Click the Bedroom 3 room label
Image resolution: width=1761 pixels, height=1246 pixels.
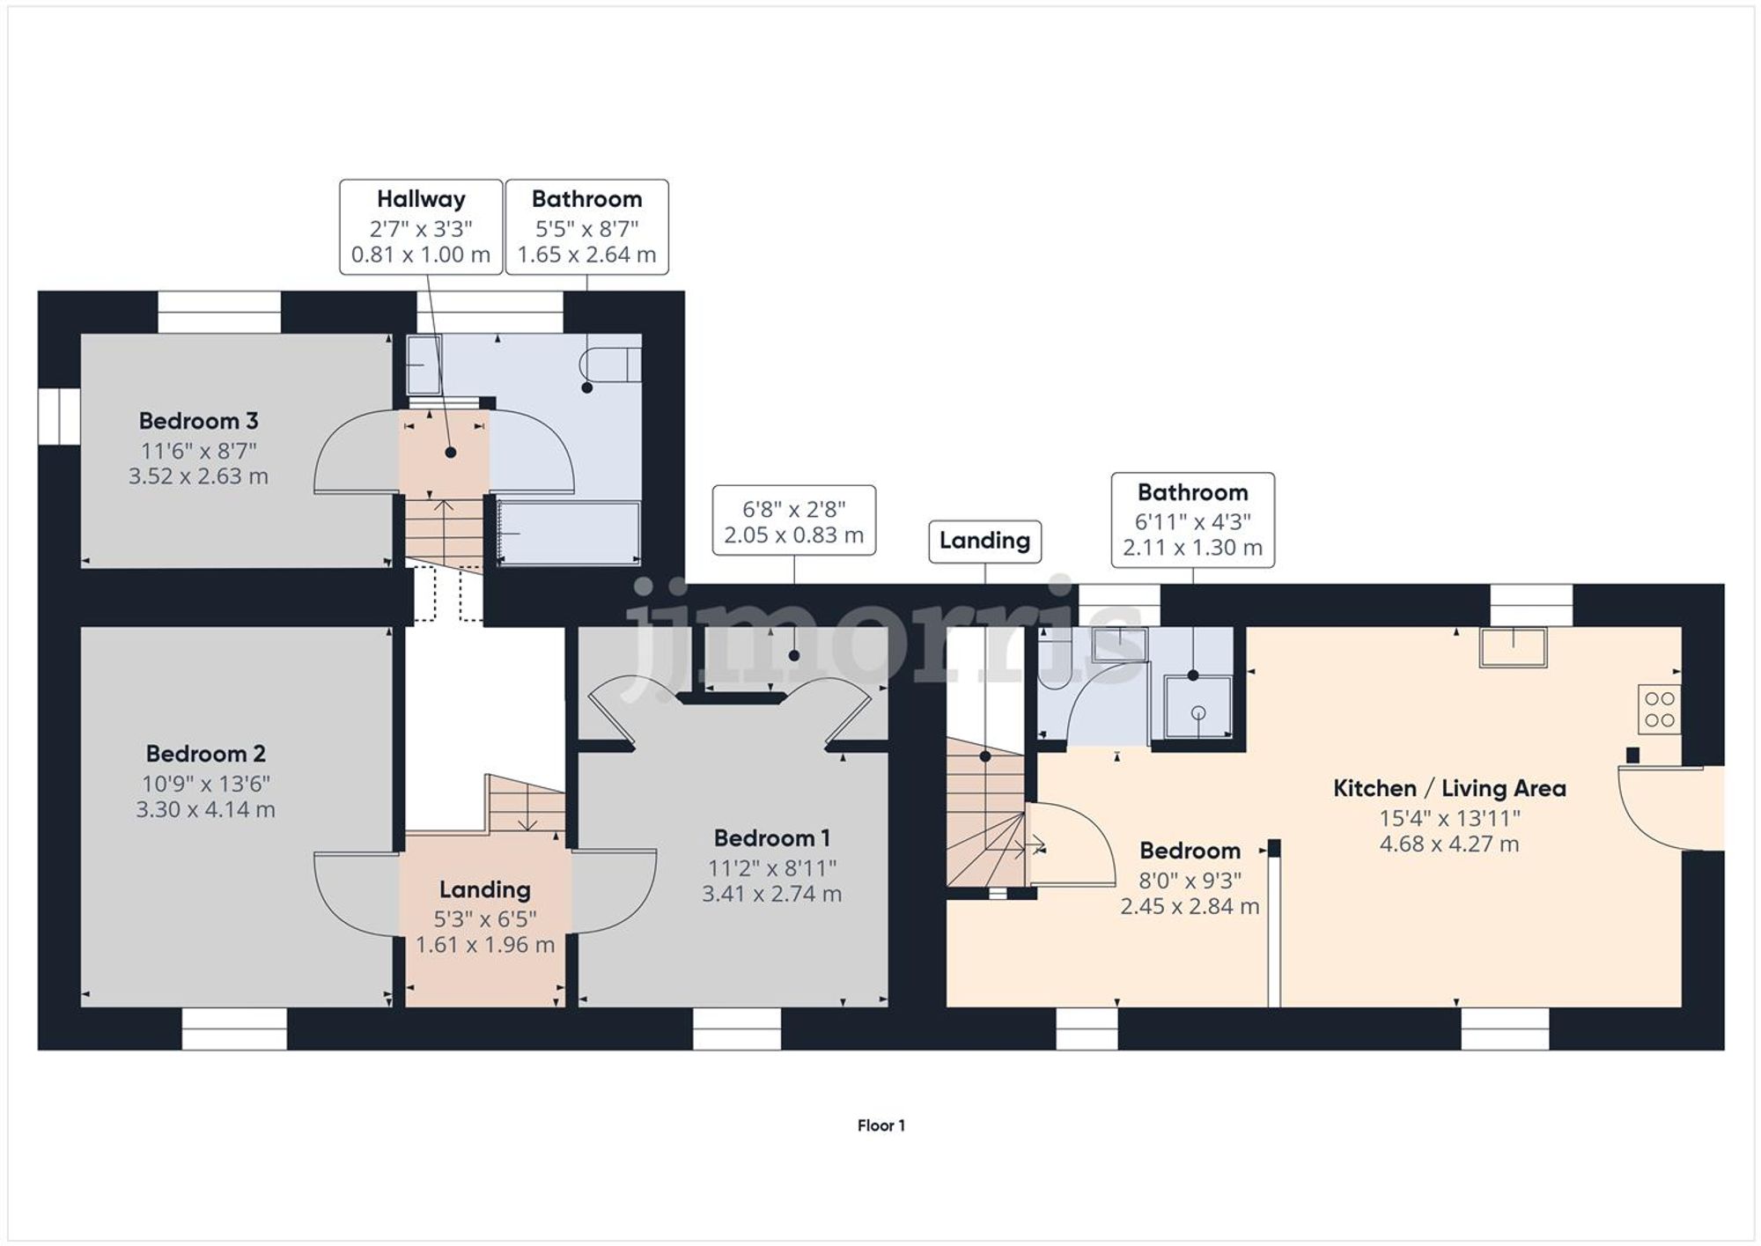point(198,421)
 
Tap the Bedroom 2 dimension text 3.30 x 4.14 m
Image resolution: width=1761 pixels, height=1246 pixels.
point(205,809)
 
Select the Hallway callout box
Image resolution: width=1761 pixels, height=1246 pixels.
point(421,227)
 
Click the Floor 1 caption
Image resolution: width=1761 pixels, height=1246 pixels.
point(880,1125)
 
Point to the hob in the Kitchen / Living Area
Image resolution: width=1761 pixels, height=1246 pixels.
point(1659,710)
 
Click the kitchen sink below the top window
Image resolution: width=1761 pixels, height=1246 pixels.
point(1513,647)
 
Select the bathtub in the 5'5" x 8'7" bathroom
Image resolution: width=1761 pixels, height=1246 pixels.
point(569,533)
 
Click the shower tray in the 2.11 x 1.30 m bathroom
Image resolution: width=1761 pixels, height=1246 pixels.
point(1197,707)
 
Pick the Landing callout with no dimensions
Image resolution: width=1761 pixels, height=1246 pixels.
point(984,541)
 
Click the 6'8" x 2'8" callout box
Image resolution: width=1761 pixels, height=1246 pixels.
point(793,520)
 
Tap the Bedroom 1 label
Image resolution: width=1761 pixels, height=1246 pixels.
point(771,837)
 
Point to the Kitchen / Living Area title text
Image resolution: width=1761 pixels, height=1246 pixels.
point(1449,788)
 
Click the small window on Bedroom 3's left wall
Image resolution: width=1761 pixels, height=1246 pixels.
point(59,416)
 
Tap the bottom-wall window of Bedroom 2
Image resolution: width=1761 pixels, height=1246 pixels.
point(234,1029)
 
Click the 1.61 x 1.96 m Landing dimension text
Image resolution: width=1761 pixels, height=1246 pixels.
point(485,945)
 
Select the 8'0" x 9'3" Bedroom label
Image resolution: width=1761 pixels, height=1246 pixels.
point(1190,851)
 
